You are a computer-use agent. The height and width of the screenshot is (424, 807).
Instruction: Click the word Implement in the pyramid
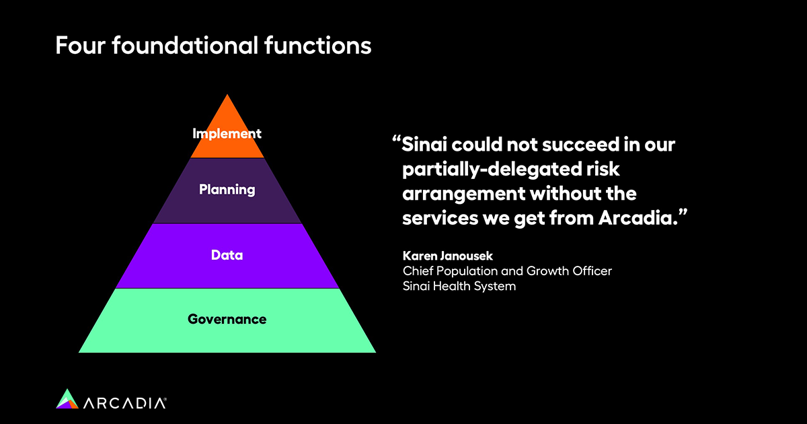227,134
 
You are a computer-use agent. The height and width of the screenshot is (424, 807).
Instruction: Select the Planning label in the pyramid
227,190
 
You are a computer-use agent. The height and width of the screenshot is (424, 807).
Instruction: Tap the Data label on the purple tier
227,255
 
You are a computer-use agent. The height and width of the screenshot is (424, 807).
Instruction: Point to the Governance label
227,320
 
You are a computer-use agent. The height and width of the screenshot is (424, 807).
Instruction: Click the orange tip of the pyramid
227,126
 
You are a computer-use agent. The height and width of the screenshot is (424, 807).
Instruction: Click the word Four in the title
80,46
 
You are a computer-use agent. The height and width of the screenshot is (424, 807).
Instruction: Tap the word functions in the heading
317,45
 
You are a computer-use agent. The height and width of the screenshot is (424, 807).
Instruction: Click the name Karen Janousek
447,256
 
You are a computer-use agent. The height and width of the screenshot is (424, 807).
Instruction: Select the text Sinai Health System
459,286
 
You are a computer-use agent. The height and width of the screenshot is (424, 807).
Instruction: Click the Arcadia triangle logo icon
67,398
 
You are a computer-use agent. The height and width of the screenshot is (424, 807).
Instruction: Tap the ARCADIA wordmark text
124,403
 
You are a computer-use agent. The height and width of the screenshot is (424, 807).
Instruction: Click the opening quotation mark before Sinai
396,139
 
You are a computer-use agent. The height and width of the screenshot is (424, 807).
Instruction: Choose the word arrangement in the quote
465,194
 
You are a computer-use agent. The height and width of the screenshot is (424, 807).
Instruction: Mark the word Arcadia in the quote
638,218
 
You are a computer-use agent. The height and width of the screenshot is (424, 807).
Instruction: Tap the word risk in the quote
603,169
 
